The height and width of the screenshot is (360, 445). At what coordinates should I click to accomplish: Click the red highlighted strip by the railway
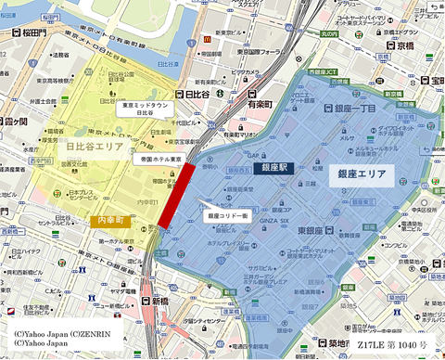click(x=176, y=196)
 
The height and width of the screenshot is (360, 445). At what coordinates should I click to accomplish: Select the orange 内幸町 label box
click(x=113, y=220)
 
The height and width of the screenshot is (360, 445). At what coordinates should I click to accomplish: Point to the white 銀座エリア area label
click(x=365, y=173)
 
